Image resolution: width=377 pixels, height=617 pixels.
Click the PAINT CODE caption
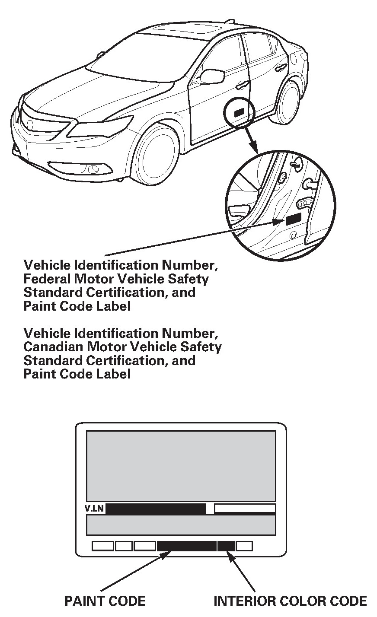[105, 600]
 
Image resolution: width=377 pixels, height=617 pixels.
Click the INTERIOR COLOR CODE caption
[290, 600]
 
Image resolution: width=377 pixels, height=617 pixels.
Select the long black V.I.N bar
[156, 509]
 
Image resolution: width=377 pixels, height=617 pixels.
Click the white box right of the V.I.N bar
[245, 509]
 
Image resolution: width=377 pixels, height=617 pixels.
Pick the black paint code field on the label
[186, 546]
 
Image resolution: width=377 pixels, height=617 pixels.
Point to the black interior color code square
[226, 546]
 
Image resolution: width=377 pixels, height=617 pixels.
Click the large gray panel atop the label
[181, 465]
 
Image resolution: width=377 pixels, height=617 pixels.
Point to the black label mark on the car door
[239, 112]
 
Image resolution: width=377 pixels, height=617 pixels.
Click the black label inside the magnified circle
[293, 219]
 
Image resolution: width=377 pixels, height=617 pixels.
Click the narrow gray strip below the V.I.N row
[181, 525]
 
